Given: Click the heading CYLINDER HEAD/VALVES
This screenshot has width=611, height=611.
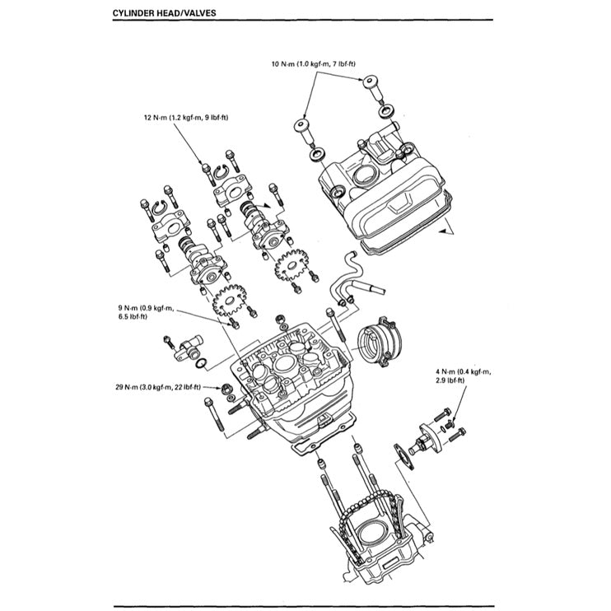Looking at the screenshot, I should click(x=164, y=14).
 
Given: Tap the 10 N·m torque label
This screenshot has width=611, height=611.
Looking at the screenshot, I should click(x=319, y=63).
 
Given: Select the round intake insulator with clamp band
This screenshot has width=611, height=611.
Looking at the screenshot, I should click(x=378, y=340).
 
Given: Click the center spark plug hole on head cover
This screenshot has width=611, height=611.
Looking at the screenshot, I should click(x=363, y=176).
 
